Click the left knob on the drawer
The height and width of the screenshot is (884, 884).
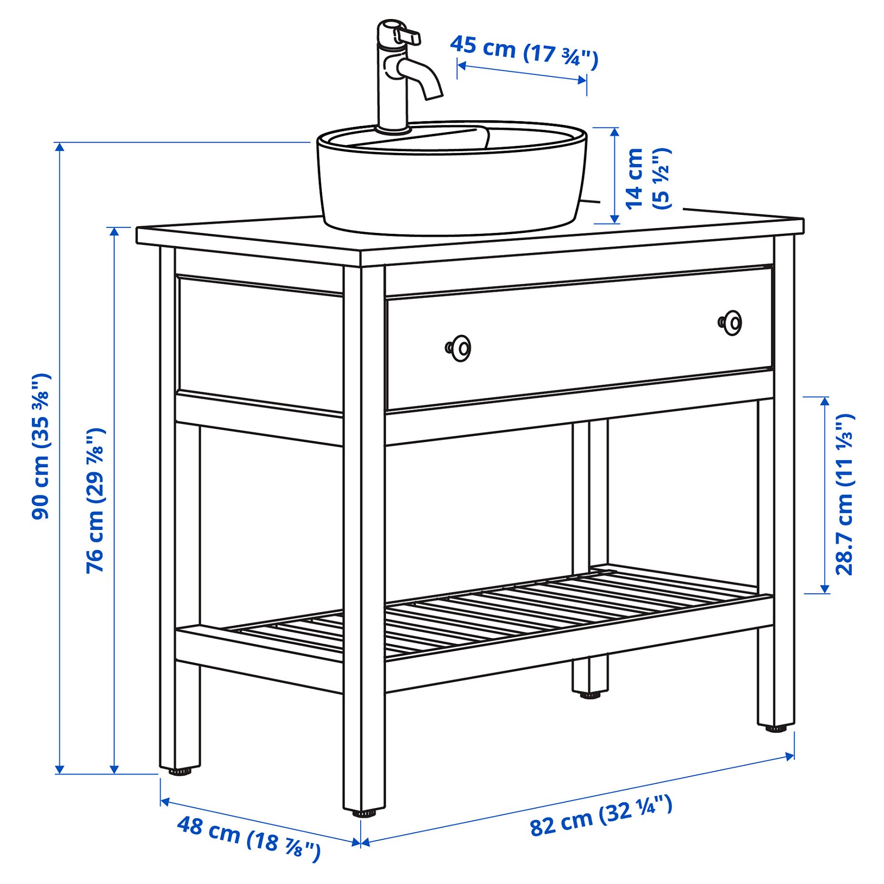pyautogui.click(x=459, y=348)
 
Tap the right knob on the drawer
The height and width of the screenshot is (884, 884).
pyautogui.click(x=730, y=323)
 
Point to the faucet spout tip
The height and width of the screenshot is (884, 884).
pyautogui.click(x=433, y=95)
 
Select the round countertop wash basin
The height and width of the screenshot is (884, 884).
pyautogui.click(x=452, y=185)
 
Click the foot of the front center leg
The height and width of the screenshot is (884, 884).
pyautogui.click(x=364, y=814)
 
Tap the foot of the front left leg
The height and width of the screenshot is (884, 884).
pyautogui.click(x=180, y=772)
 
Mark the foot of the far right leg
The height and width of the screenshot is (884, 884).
pyautogui.click(x=776, y=728)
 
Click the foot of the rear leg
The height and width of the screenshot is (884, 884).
pyautogui.click(x=590, y=695)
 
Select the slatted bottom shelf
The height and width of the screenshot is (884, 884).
pyautogui.click(x=499, y=613)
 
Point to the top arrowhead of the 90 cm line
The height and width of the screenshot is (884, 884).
pyautogui.click(x=59, y=146)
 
